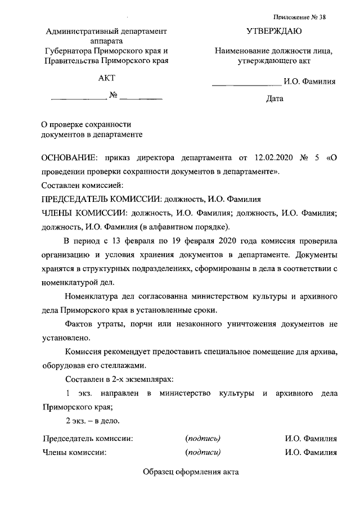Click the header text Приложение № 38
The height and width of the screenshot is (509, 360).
299,17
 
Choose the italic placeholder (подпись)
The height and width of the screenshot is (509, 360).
202,438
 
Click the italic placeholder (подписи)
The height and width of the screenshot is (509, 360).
202,451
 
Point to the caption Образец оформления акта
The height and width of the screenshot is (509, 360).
191,472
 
